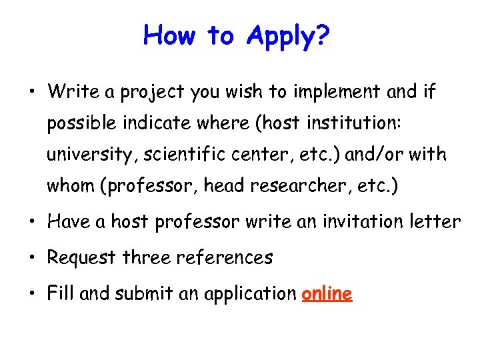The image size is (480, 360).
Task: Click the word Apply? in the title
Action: coord(287,35)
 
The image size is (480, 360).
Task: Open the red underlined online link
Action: coord(327,293)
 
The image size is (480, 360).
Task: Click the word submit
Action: coord(138,293)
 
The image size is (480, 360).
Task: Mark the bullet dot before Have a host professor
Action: coord(33,222)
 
